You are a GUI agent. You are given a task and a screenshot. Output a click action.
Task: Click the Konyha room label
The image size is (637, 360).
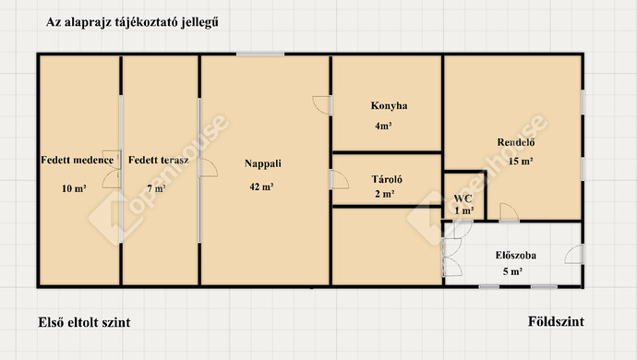[389, 105]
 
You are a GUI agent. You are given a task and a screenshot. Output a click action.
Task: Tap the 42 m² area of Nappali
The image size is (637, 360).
[261, 186]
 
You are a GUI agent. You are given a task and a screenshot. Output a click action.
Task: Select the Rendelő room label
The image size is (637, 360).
[516, 142]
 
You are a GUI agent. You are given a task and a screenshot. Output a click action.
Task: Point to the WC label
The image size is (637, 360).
[463, 198]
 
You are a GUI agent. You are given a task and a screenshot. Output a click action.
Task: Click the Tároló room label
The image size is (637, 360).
[387, 179]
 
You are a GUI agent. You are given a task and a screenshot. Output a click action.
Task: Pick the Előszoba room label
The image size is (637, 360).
[515, 255]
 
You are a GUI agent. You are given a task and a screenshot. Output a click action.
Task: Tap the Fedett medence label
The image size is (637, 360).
[78, 160]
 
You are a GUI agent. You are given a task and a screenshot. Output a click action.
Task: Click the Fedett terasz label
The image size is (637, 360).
[159, 160]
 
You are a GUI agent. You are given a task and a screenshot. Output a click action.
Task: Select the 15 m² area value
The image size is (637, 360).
[521, 162]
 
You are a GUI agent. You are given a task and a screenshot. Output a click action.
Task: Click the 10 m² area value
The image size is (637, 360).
[74, 188]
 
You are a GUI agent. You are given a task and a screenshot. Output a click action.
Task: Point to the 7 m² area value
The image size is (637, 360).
[156, 188]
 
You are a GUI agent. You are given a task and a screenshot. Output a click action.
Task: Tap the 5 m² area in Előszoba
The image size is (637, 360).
[512, 271]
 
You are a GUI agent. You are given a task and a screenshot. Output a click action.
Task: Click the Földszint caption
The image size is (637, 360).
[556, 321]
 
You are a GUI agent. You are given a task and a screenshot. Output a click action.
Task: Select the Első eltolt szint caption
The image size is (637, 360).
[84, 322]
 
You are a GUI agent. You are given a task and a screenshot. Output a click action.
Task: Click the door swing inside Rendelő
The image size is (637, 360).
[509, 211]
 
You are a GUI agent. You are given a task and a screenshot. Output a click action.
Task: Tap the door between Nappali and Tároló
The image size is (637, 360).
[340, 180]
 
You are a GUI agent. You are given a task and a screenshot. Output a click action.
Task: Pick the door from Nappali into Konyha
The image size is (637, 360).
[322, 105]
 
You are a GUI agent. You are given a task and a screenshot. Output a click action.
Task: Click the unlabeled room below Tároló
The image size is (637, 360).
[387, 246]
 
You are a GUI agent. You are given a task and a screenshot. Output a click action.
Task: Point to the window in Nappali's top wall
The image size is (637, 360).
[260, 54]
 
